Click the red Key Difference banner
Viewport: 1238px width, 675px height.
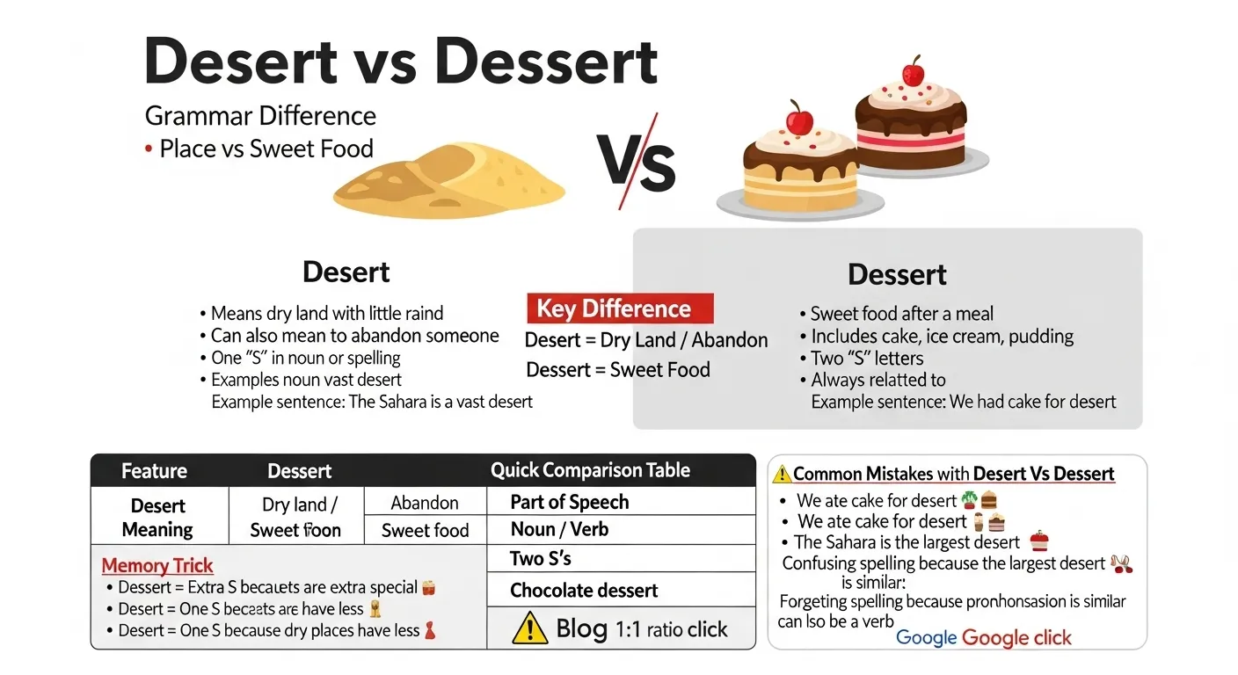(619, 309)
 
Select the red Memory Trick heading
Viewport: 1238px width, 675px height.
(157, 566)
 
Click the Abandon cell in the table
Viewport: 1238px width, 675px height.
(425, 503)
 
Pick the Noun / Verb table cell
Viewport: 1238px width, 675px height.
(559, 530)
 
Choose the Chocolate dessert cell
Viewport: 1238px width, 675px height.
(584, 591)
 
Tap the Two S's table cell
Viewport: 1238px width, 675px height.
(541, 559)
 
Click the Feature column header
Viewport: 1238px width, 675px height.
(154, 471)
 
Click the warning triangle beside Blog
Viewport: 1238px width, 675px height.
(529, 629)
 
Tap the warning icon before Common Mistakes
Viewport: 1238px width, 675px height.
(782, 475)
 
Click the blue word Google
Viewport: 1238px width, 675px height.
(925, 638)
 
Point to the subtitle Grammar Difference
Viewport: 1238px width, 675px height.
(260, 116)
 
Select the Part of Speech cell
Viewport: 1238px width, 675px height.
(570, 502)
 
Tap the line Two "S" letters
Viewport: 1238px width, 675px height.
(866, 359)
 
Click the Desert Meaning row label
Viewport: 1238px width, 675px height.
(157, 518)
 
